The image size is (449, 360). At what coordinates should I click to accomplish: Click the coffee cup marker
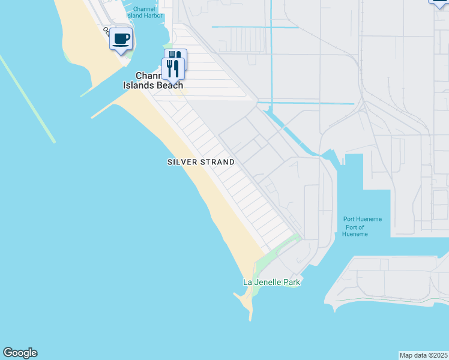pos(121,40)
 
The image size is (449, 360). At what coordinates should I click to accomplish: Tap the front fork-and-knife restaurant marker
pos(173,68)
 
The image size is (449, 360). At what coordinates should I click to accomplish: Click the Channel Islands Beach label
pos(152,80)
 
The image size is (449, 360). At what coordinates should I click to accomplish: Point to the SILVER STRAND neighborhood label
pos(200,162)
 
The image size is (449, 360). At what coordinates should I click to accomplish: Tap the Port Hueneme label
pos(362,219)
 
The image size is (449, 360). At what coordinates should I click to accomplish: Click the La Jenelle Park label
pos(271,282)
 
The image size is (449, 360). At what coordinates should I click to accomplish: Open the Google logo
pos(20,353)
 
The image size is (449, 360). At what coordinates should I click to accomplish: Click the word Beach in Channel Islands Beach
pos(170,85)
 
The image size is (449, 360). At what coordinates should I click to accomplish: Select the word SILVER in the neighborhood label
pos(181,162)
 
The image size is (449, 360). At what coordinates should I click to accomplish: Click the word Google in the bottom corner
pos(20,353)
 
